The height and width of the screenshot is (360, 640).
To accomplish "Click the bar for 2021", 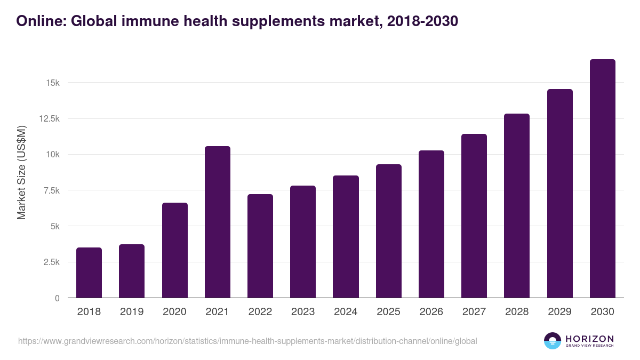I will (218, 222).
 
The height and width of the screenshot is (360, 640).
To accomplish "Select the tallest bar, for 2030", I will (602, 179).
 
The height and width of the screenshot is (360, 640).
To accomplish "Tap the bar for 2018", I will (89, 273).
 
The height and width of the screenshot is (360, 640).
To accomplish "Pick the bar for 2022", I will (260, 246).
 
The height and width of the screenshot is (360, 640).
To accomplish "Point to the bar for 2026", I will (431, 224).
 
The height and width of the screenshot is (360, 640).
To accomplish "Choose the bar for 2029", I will (559, 194).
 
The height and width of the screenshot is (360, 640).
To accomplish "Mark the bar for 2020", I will (175, 250).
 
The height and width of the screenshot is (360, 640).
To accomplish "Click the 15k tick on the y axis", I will (52, 83).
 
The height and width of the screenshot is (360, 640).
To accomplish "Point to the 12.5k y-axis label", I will (49, 119).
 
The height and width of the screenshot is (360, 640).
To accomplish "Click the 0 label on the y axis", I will (57, 298).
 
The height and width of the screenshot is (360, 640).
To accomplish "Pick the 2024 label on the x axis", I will (346, 312).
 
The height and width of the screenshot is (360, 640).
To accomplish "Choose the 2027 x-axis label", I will (474, 312).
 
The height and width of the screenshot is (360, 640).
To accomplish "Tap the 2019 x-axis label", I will (132, 312).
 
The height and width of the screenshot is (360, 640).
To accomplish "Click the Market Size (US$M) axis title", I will (21, 172).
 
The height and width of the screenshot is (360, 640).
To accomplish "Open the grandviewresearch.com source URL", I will (247, 341).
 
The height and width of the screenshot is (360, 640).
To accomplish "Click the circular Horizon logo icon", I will (552, 341).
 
